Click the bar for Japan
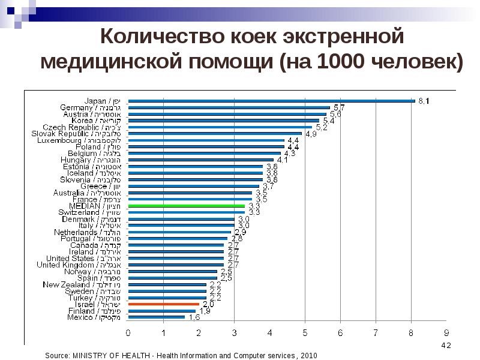270,101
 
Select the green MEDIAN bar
186,206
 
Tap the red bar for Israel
163,304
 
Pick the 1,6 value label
194,318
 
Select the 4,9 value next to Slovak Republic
311,134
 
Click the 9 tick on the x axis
446,332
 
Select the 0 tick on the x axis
128,332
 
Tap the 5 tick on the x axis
305,332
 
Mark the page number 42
446,346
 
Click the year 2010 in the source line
308,356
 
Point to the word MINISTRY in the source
97,356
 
